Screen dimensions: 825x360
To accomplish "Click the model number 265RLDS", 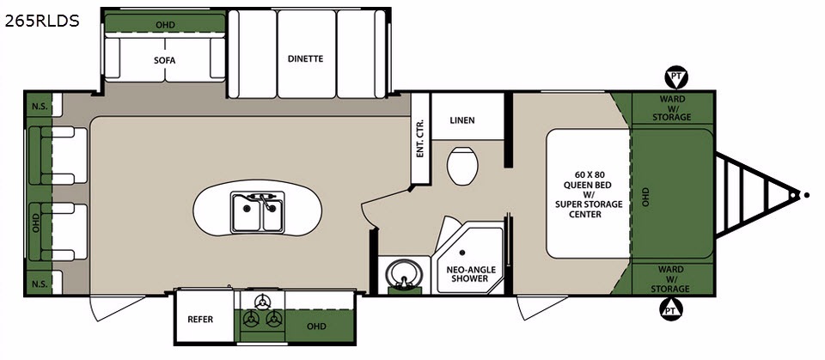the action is click(x=42, y=21).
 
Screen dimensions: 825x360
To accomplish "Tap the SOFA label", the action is click(x=165, y=60).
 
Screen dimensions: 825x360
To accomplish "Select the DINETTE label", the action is click(x=306, y=59).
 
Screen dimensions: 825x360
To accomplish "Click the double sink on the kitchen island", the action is click(x=258, y=211).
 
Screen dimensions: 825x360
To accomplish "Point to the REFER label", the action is click(x=200, y=320).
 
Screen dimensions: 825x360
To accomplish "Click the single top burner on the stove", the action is click(x=261, y=302).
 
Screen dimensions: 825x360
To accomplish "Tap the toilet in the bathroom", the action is click(x=462, y=166).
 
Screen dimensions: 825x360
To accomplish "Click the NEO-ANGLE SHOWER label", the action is click(x=467, y=274).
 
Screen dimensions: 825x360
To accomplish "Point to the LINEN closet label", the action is click(x=462, y=120).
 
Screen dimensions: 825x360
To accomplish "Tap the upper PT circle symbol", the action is click(x=676, y=78).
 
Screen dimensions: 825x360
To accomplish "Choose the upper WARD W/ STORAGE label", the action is click(x=672, y=108).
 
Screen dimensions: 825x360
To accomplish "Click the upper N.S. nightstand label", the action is click(x=40, y=107).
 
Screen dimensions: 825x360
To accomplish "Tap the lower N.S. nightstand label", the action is click(x=40, y=284).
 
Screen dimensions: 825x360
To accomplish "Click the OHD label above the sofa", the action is click(x=165, y=25).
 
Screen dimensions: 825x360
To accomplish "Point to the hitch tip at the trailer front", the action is click(x=807, y=195).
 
